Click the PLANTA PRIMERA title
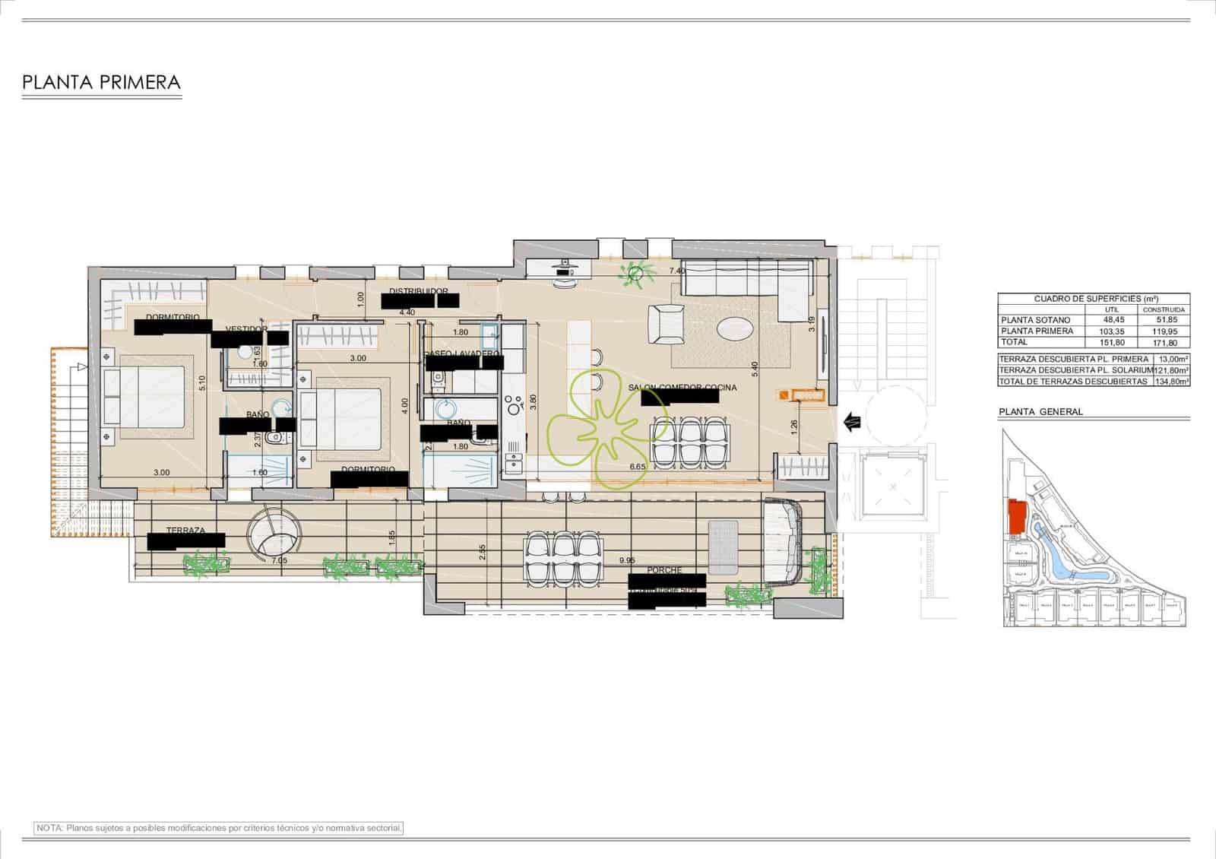(x=101, y=82)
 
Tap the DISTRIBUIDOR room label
(x=418, y=291)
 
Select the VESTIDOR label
(x=246, y=329)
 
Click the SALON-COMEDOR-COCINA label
(x=682, y=388)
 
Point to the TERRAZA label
(x=185, y=531)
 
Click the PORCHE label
(x=664, y=569)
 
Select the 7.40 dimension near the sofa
(x=676, y=271)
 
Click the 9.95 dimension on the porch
(x=627, y=560)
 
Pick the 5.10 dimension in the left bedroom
(x=201, y=384)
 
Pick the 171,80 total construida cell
(x=1166, y=342)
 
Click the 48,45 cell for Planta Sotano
(x=1111, y=320)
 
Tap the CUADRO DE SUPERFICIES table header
(x=1093, y=300)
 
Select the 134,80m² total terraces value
(x=1171, y=382)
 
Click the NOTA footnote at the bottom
(x=219, y=827)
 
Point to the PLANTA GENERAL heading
(x=1040, y=412)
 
